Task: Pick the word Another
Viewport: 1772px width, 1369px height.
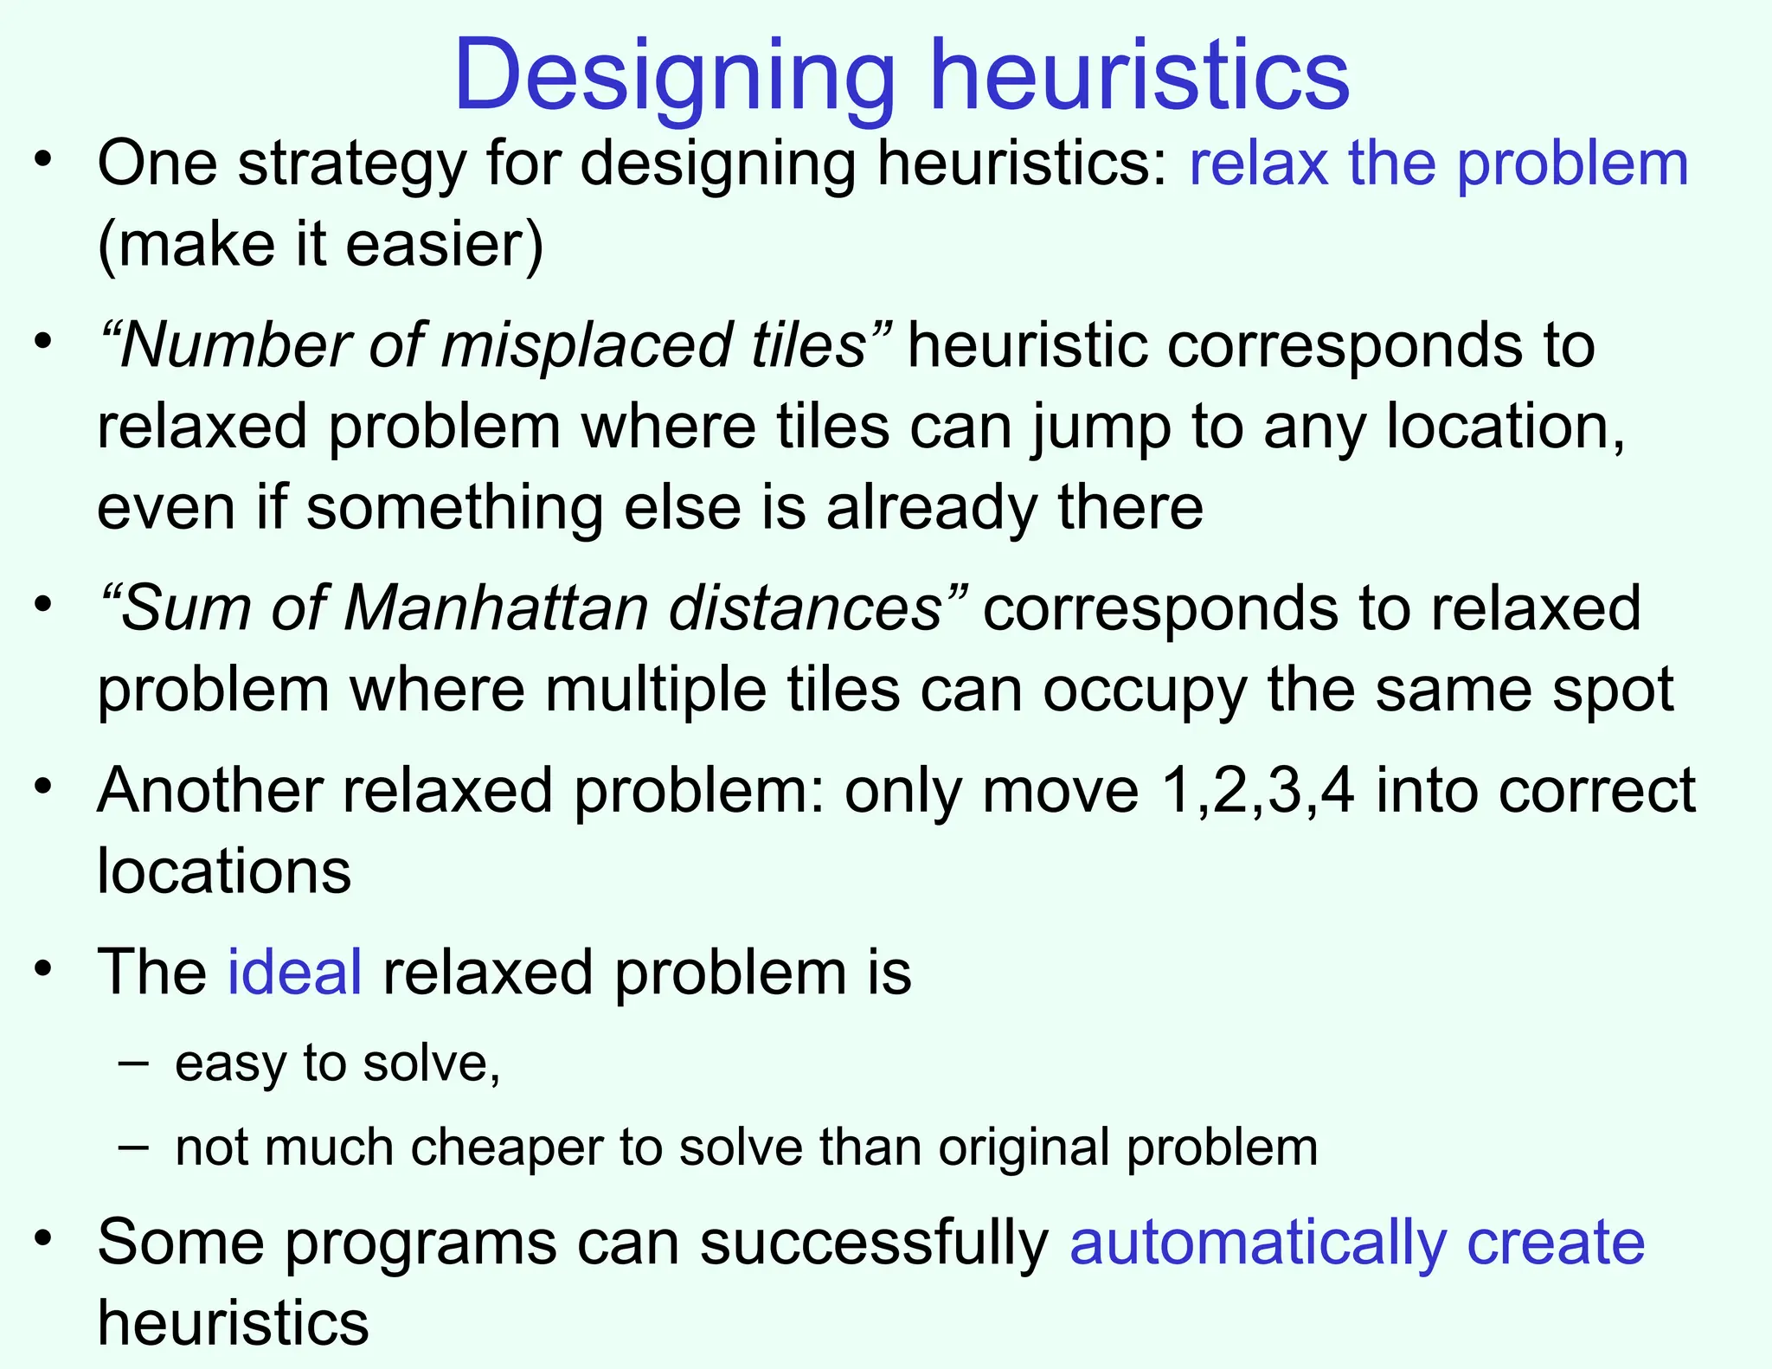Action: pos(216,790)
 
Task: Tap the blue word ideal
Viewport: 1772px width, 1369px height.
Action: pos(294,972)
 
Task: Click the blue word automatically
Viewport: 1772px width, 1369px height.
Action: pos(1258,1243)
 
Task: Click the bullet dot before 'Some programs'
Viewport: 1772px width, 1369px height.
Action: pos(44,1237)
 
